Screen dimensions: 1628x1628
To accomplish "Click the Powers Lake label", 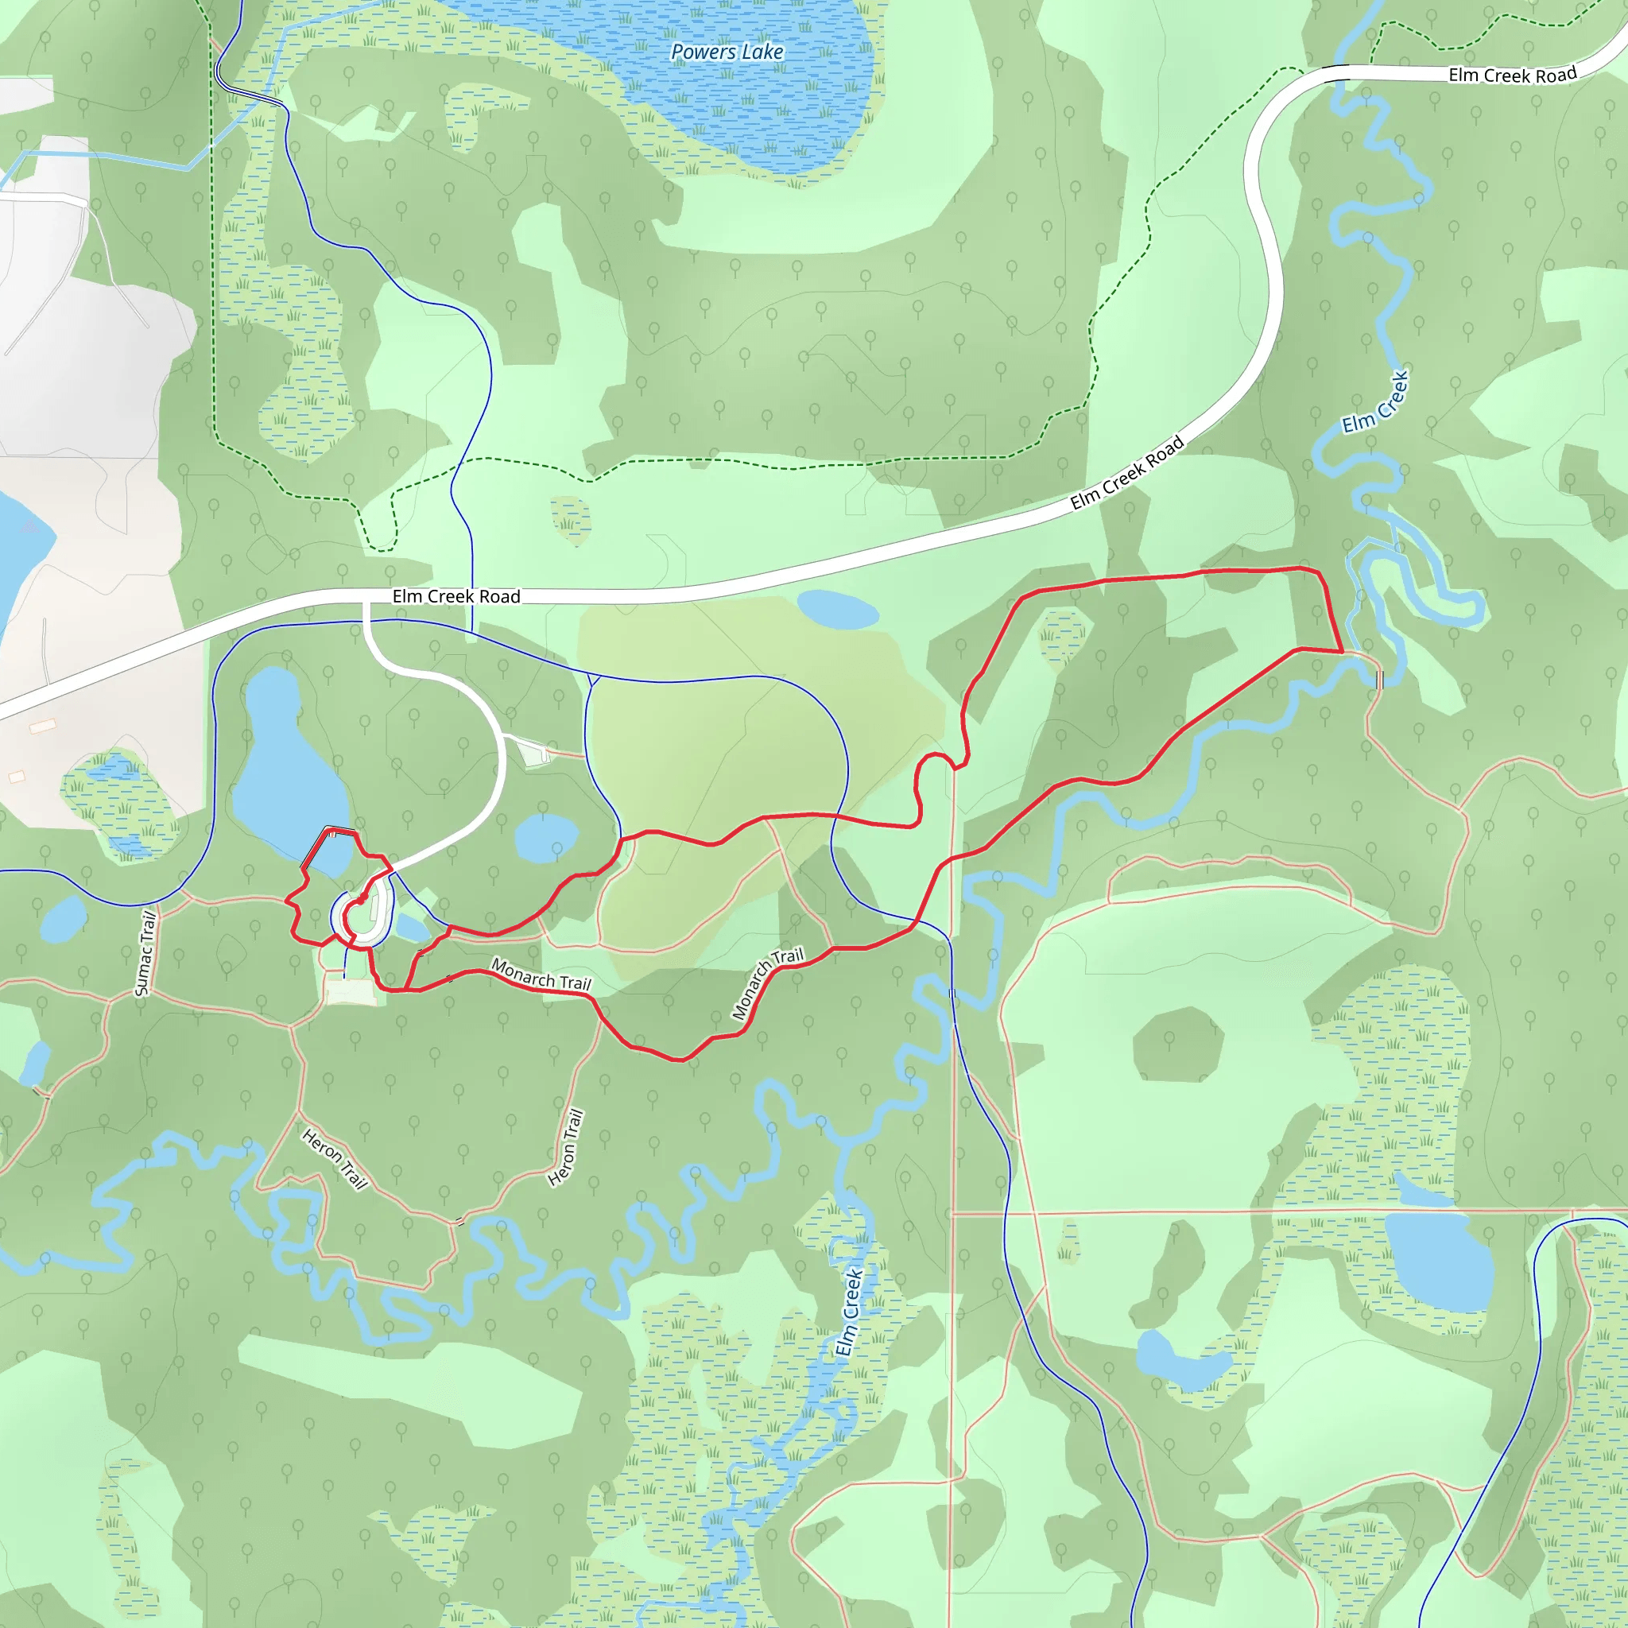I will coord(727,52).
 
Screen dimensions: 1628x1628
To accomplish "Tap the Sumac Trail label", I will coord(145,953).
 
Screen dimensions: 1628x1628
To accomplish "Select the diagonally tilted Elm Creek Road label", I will coord(1126,473).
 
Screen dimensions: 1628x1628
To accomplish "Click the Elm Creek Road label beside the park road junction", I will coord(455,597).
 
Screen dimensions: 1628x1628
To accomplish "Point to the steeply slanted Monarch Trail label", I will coord(768,983).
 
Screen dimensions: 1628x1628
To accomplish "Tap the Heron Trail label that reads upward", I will coord(565,1147).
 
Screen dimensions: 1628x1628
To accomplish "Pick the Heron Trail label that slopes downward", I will coord(335,1160).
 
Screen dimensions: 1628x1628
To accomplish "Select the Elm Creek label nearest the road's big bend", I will coord(1374,403).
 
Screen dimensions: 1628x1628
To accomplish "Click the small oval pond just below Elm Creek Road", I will coord(838,609).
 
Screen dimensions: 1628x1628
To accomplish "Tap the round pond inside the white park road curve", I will coord(546,838).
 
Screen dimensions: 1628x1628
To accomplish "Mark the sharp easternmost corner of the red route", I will coord(1342,652).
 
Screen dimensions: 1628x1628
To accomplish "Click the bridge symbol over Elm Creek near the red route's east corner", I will coord(1379,678).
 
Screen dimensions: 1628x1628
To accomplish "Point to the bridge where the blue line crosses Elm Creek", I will coord(952,994).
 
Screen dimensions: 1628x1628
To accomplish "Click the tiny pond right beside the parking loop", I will coord(412,928).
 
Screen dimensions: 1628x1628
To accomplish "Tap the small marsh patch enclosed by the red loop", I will coord(1061,635).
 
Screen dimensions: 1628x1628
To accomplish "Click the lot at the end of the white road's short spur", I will coord(534,753).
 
